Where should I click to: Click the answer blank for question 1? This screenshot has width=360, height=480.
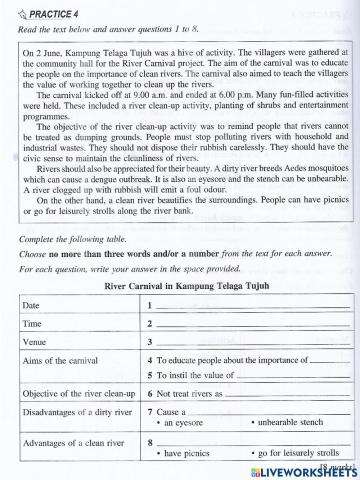click(x=250, y=307)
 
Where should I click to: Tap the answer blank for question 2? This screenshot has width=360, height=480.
click(x=250, y=326)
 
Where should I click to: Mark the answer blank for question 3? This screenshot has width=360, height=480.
click(x=250, y=345)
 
